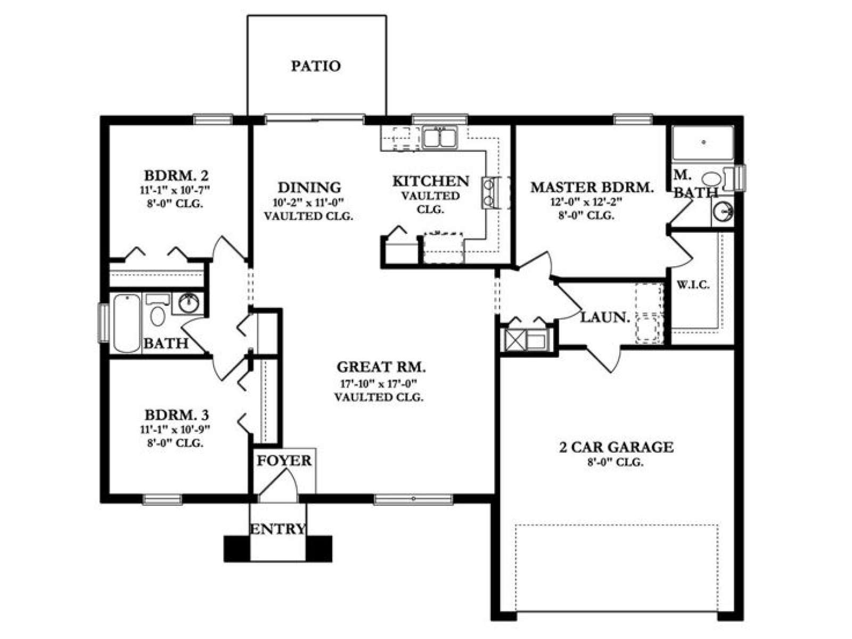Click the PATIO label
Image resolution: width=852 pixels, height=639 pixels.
(316, 66)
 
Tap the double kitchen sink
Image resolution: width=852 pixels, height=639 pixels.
(440, 137)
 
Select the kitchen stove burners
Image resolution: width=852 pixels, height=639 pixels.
(488, 193)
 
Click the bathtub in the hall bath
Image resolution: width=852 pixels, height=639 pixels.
(127, 324)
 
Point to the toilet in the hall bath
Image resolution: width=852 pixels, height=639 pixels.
(158, 311)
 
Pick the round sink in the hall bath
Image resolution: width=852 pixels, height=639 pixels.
(189, 302)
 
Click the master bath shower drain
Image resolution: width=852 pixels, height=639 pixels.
(703, 142)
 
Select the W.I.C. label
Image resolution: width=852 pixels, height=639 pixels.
(693, 285)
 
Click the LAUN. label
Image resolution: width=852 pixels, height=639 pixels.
(604, 318)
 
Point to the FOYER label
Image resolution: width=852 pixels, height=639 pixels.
(284, 461)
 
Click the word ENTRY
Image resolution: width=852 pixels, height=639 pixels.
(278, 529)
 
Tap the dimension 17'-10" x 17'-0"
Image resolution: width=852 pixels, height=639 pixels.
(379, 384)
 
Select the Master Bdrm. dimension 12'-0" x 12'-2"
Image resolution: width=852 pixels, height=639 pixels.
(586, 202)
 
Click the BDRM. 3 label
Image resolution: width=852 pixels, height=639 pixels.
(177, 415)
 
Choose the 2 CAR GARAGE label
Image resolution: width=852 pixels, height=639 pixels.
(616, 447)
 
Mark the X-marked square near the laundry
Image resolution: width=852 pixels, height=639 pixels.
(514, 340)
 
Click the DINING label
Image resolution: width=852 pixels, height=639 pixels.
(309, 187)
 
